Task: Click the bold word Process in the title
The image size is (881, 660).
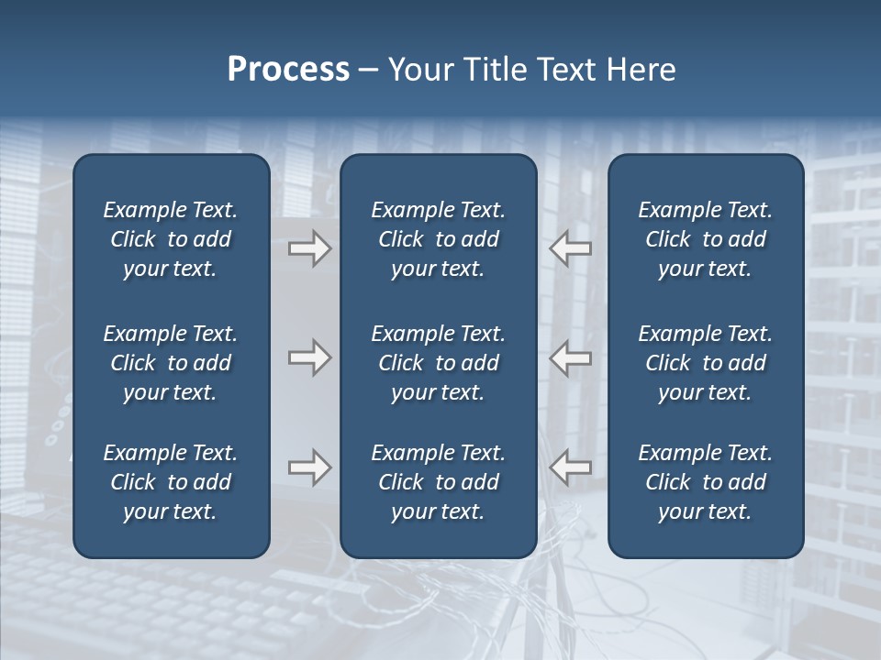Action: point(288,70)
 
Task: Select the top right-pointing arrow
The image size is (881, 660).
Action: point(309,248)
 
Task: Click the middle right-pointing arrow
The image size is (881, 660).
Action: point(309,357)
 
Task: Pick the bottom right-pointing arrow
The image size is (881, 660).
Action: point(309,467)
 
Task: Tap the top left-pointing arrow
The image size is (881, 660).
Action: point(571,248)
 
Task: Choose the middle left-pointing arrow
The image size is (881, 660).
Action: point(571,357)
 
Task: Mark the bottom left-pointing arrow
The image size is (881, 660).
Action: point(571,467)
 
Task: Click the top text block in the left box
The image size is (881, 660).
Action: point(171,239)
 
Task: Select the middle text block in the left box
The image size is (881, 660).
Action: point(171,363)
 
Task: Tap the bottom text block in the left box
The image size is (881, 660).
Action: point(171,482)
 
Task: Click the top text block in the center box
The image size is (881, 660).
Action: point(438,239)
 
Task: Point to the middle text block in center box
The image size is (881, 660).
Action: point(438,363)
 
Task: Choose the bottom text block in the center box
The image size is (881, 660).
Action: point(438,482)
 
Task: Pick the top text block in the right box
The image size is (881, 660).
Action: point(705,239)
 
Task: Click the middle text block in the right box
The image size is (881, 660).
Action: point(705,363)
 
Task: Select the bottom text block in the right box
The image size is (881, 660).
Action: point(705,482)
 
